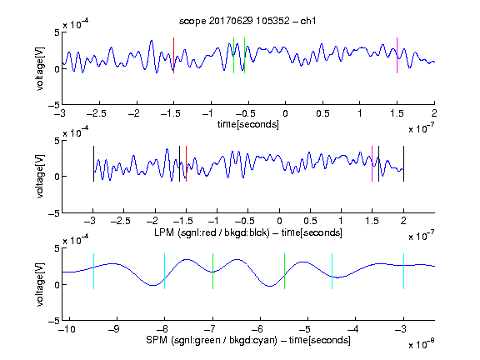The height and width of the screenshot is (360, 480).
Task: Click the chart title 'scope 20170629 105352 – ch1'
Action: pos(247,21)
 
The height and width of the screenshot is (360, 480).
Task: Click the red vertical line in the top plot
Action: pos(173,55)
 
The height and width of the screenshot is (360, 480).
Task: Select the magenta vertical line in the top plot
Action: pos(397,55)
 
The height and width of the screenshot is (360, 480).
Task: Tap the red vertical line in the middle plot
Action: pos(186,164)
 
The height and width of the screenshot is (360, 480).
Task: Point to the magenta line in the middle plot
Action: pos(372,164)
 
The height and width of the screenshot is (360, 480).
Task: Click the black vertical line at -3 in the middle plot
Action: pos(93,164)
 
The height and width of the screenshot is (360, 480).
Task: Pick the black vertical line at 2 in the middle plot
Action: pos(403,164)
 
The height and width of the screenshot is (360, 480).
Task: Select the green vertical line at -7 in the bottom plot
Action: pos(212,271)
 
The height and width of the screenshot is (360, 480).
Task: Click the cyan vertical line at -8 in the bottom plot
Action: pos(165,271)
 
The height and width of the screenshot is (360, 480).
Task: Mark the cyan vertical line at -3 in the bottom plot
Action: pos(403,271)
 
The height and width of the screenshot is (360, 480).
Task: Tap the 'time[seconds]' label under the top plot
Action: pos(248,124)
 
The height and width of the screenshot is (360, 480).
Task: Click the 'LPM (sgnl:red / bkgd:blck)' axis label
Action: pos(212,232)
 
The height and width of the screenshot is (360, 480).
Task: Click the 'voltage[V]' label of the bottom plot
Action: pos(40,284)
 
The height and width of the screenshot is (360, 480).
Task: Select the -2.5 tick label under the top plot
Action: pos(96,113)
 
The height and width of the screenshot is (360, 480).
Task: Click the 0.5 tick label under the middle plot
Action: pos(310,221)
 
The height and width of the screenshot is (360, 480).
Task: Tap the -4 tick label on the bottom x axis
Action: pos(352,329)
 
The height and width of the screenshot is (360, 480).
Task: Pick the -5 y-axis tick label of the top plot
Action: pos(54,105)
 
